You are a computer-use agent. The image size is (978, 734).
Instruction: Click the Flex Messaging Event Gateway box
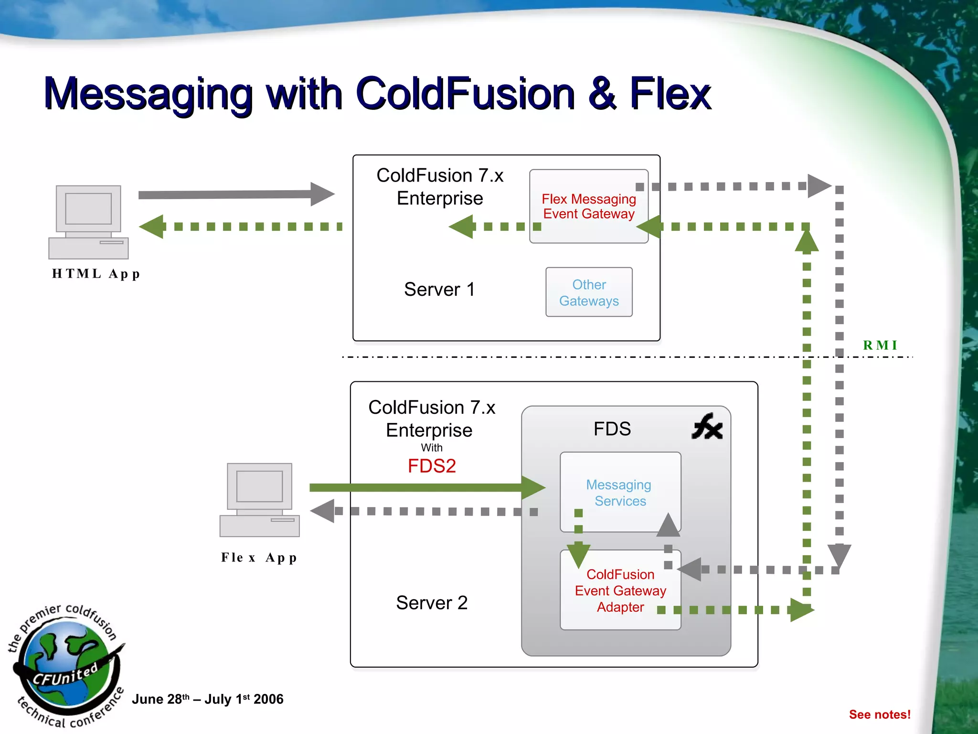click(588, 206)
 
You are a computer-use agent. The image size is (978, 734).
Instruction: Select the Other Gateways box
click(588, 292)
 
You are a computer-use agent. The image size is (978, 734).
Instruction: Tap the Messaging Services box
click(620, 492)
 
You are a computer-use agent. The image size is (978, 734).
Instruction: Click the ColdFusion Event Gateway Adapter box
click(620, 590)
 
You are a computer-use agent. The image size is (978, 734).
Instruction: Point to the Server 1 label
click(439, 289)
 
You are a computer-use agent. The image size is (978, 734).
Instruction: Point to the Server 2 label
click(432, 603)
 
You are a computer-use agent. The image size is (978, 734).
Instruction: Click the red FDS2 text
click(432, 466)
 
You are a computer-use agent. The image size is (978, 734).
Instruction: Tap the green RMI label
click(880, 345)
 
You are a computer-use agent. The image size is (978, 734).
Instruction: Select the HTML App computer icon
click(88, 222)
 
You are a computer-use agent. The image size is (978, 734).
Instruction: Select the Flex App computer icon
click(259, 499)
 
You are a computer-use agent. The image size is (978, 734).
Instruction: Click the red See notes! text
click(879, 714)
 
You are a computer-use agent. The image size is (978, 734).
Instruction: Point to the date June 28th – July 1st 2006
click(207, 699)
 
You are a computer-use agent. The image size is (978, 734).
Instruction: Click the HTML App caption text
click(96, 274)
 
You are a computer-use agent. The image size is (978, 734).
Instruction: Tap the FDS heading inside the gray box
click(612, 429)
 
